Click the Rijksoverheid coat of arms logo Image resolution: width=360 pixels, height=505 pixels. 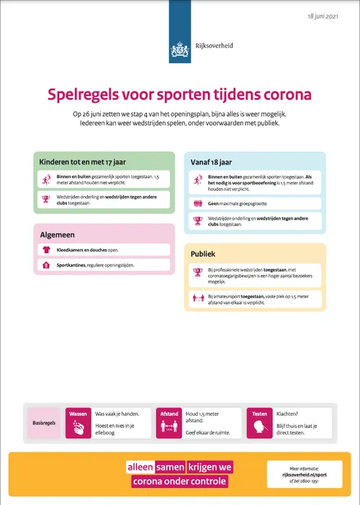179,49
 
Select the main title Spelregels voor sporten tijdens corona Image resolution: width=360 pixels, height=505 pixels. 179,94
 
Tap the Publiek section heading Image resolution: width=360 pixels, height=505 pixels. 204,254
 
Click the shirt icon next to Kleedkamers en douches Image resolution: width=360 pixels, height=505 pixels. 45,250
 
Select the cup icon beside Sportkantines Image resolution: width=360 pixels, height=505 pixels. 45,265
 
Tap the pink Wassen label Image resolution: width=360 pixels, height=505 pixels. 78,414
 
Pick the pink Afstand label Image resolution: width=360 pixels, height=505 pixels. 169,414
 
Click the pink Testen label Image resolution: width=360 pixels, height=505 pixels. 260,414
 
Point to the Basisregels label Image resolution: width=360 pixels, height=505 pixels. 44,423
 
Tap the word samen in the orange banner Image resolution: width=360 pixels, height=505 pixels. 170,466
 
